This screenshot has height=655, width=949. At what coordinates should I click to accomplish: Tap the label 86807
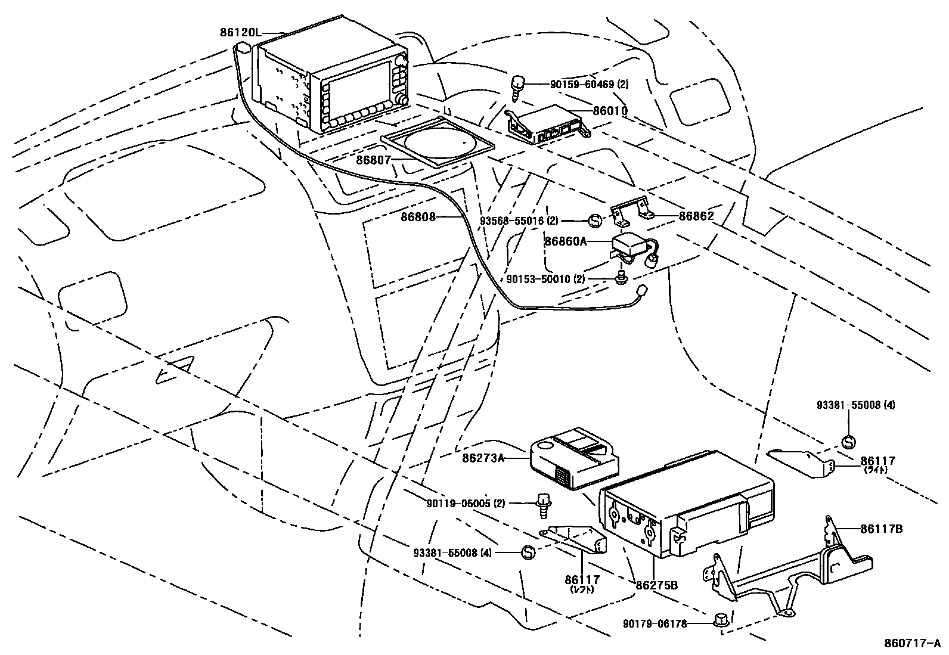point(373,161)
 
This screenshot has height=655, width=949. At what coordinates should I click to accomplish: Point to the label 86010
point(610,111)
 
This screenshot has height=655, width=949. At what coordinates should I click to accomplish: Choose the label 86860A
point(566,242)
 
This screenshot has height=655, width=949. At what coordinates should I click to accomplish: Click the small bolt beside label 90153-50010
point(622,277)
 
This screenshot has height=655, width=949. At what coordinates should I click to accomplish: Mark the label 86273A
point(483,458)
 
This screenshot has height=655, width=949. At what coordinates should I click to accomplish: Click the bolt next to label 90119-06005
point(543,504)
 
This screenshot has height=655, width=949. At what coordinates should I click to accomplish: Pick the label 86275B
point(656,585)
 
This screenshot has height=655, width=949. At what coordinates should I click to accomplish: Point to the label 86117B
point(881,529)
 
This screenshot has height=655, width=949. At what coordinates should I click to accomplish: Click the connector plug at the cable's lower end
point(642,290)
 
